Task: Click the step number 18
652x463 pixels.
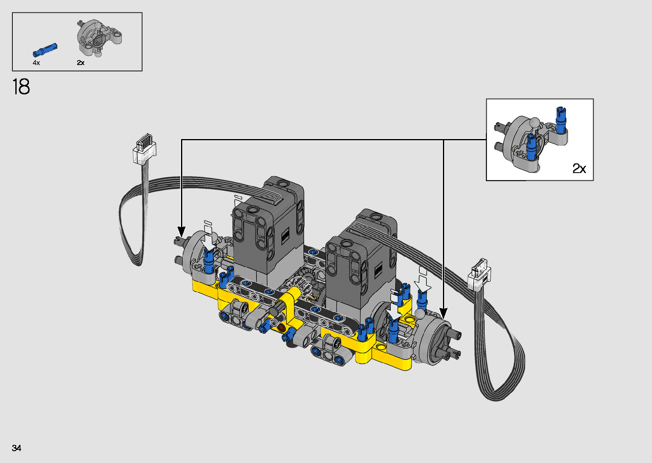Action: (x=21, y=87)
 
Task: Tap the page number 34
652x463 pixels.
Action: (x=17, y=448)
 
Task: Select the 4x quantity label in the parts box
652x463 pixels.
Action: (x=36, y=62)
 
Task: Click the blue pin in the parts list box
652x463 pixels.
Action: (x=45, y=49)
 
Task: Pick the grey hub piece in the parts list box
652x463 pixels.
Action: (x=99, y=38)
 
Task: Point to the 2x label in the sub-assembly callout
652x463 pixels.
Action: (x=579, y=168)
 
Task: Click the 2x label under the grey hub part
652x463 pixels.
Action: (x=80, y=62)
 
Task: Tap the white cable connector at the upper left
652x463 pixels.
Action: (x=145, y=149)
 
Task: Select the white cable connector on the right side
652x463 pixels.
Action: (x=479, y=274)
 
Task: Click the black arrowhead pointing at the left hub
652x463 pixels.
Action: (x=181, y=232)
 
